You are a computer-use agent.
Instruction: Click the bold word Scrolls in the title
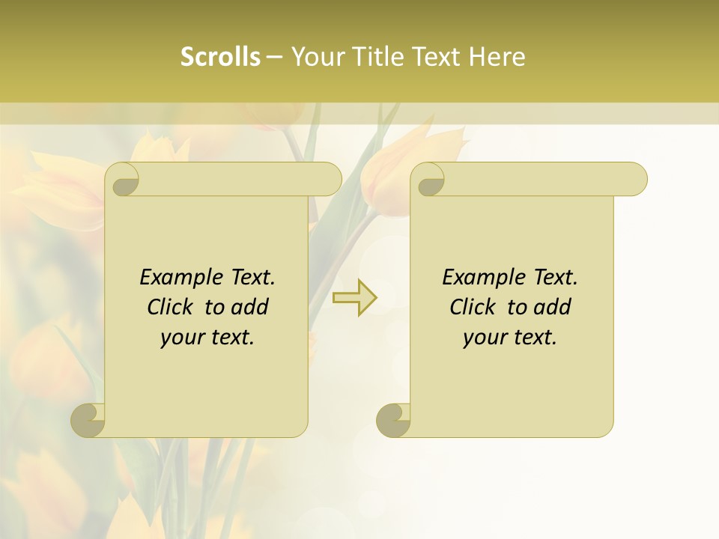pos(220,57)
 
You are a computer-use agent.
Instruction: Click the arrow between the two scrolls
pos(355,297)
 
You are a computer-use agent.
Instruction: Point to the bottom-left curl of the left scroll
pos(88,420)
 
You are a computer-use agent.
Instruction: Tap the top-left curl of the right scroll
pos(431,179)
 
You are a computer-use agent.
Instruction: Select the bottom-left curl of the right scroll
pos(394,420)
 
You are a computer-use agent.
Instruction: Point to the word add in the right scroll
pos(552,307)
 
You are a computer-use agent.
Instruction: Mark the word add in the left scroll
pos(249,307)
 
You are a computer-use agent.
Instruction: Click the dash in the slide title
pos(274,57)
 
